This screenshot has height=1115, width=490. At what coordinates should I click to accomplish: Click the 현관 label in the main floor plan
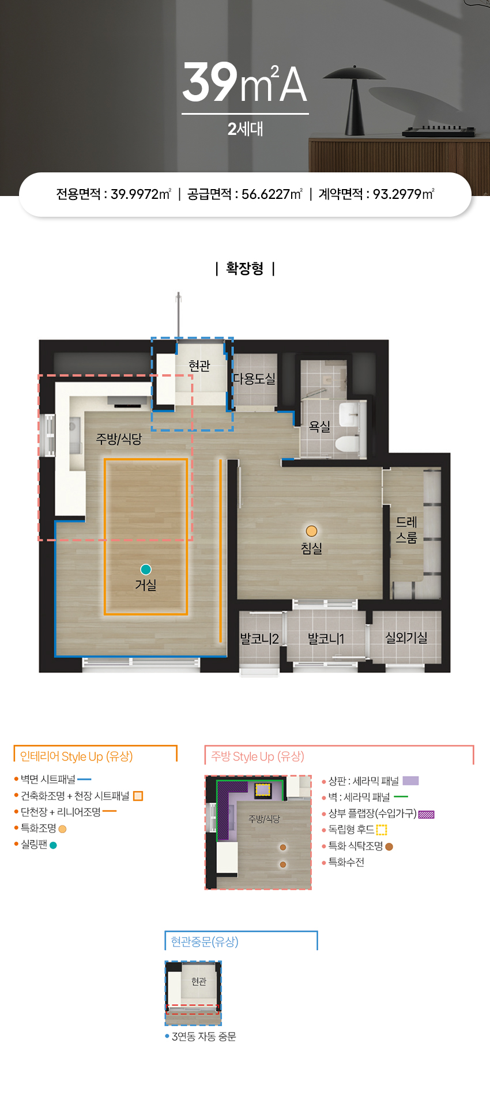point(199,366)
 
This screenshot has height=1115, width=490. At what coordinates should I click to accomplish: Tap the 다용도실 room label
point(254,379)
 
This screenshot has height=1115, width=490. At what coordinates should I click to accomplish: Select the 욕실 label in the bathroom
point(320,427)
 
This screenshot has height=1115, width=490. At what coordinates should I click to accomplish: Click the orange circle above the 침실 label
point(311,531)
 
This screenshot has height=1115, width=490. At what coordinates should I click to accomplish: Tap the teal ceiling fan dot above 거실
point(146,570)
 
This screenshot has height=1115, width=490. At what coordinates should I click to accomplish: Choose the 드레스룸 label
point(406,530)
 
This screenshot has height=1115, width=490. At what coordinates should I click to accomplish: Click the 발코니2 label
point(259,639)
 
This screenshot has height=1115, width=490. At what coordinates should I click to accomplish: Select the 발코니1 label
point(326,639)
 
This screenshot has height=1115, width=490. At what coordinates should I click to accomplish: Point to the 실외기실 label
point(406,638)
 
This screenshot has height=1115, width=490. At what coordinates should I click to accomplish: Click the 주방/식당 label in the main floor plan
point(119,439)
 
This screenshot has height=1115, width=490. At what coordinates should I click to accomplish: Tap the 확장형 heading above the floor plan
point(245,269)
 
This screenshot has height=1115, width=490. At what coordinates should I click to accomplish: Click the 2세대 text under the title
point(245,129)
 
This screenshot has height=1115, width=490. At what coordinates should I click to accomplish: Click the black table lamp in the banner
point(354,101)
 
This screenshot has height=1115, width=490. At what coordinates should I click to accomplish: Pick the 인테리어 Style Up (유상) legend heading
point(77,756)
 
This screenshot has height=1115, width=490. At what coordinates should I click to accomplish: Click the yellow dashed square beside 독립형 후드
point(382,830)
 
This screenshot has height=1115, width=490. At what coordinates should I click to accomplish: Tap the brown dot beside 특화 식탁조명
point(389,846)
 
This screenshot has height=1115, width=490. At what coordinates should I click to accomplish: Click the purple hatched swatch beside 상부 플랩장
point(426,814)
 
